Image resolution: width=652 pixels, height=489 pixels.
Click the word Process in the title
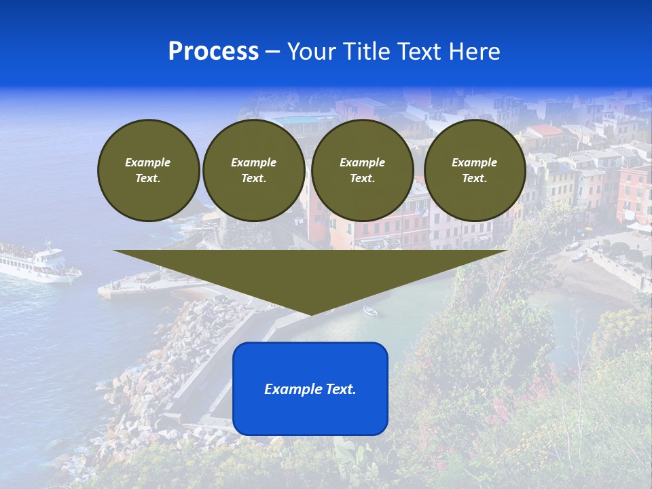(213, 52)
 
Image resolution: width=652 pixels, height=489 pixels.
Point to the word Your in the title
(312, 52)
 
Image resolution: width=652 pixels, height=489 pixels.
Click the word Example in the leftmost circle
(148, 162)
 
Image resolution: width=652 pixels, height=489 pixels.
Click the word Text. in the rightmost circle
(474, 178)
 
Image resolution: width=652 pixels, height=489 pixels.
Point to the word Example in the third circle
(362, 162)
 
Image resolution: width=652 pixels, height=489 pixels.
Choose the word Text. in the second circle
(254, 178)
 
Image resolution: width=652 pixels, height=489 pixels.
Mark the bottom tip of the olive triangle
(310, 314)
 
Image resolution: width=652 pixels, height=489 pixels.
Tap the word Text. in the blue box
(340, 389)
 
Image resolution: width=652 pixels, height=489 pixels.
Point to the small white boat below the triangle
(370, 311)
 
